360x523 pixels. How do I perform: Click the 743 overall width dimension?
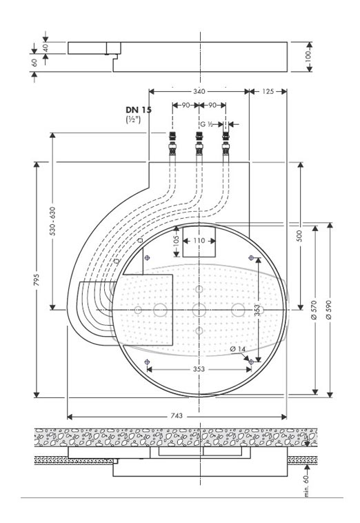pyautogui.click(x=177, y=416)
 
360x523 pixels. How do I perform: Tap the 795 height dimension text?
pyautogui.click(x=37, y=279)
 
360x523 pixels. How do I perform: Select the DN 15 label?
pyautogui.click(x=139, y=110)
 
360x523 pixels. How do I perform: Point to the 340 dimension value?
pyautogui.click(x=199, y=91)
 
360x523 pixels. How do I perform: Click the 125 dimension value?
pyautogui.click(x=268, y=91)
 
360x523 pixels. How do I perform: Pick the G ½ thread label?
pyautogui.click(x=207, y=124)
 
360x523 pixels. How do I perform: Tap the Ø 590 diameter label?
pyautogui.click(x=329, y=310)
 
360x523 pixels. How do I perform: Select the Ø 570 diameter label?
pyautogui.click(x=314, y=310)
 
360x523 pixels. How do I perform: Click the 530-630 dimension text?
pyautogui.click(x=52, y=221)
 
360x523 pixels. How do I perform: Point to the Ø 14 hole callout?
pyautogui.click(x=238, y=349)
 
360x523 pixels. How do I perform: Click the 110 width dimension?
pyautogui.click(x=199, y=241)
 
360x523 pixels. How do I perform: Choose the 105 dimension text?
pyautogui.click(x=177, y=241)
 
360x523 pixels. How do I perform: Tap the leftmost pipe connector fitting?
pyautogui.click(x=172, y=144)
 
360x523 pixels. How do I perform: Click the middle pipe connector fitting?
pyautogui.click(x=199, y=144)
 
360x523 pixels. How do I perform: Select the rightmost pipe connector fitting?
pyautogui.click(x=226, y=144)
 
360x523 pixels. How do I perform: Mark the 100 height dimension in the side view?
pyautogui.click(x=308, y=57)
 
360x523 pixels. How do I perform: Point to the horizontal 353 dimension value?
pyautogui.click(x=199, y=369)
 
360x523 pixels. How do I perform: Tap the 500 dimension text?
pyautogui.click(x=300, y=236)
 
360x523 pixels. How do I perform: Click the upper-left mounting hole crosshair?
pyautogui.click(x=148, y=257)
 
